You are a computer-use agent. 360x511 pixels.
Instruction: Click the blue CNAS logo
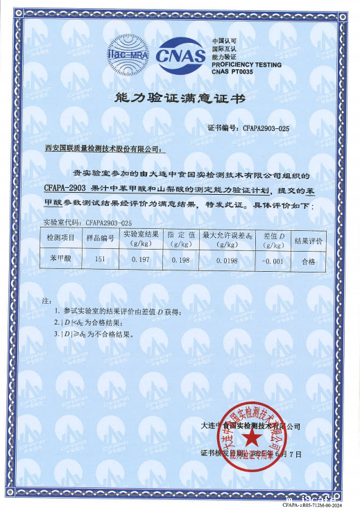pyautogui.click(x=181, y=53)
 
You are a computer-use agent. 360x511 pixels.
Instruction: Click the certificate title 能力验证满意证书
pyautogui.click(x=180, y=99)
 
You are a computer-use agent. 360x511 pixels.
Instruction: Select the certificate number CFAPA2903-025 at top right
pyautogui.click(x=266, y=129)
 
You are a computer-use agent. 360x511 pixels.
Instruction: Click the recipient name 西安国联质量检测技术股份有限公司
pyautogui.click(x=102, y=148)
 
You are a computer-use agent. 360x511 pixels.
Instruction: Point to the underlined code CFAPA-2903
pyautogui.click(x=64, y=188)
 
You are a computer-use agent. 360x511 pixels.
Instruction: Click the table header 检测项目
pyautogui.click(x=60, y=238)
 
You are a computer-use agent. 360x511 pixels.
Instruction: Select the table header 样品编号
pyautogui.click(x=99, y=238)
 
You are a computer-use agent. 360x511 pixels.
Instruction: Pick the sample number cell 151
pyautogui.click(x=99, y=259)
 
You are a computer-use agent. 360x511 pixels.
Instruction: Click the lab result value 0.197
pyautogui.click(x=141, y=259)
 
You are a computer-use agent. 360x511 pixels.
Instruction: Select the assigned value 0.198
pyautogui.click(x=180, y=259)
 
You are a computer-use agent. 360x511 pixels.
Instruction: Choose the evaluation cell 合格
pyautogui.click(x=309, y=261)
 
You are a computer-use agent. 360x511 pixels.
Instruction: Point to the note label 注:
pyautogui.click(x=46, y=303)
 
